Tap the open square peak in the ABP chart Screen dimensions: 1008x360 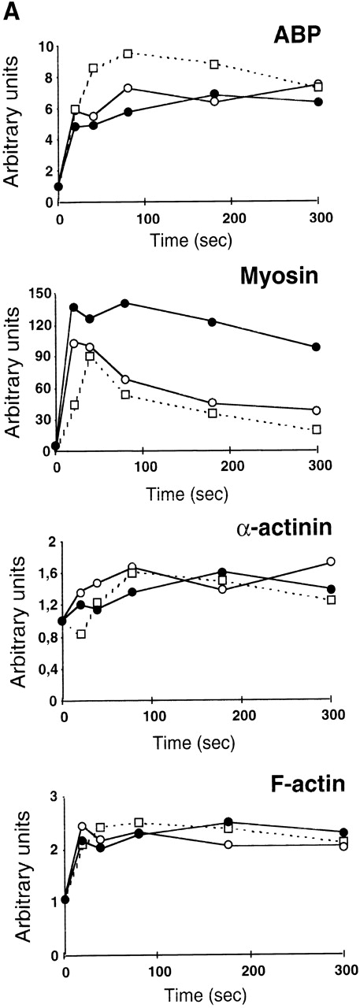tap(128, 54)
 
